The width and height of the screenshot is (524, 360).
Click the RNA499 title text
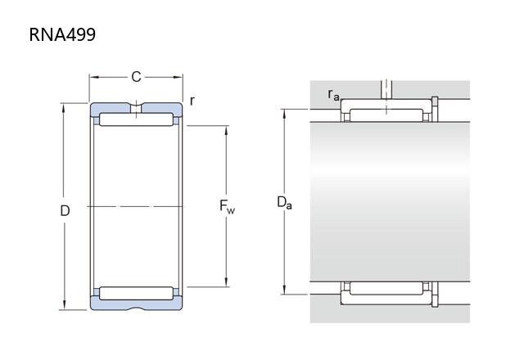(x=62, y=34)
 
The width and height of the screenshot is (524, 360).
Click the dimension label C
(x=136, y=77)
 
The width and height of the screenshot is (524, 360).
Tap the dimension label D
(x=65, y=211)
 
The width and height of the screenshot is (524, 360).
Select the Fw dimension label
(x=227, y=206)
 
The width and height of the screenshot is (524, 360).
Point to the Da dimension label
(x=284, y=202)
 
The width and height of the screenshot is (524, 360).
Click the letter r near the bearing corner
(x=192, y=101)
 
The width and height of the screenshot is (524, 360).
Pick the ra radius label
(x=333, y=95)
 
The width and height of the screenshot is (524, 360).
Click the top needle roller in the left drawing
(x=137, y=119)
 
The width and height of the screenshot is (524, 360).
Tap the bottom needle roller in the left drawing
(x=137, y=293)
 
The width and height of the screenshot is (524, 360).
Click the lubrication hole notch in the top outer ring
(x=136, y=108)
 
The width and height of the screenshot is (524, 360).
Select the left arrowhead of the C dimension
(x=94, y=77)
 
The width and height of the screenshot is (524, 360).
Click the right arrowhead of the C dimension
(x=178, y=77)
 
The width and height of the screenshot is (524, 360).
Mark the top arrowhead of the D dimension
(x=64, y=108)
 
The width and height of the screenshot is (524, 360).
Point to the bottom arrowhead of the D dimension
(x=64, y=305)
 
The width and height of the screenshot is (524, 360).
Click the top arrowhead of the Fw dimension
(x=226, y=131)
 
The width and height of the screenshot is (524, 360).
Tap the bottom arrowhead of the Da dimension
(x=284, y=290)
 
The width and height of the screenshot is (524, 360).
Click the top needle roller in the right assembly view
(x=386, y=115)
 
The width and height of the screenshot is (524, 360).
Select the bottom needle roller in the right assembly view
(x=386, y=288)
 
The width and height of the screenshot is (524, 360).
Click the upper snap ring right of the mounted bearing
(x=435, y=109)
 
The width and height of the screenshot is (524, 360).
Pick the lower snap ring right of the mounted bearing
(x=435, y=295)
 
